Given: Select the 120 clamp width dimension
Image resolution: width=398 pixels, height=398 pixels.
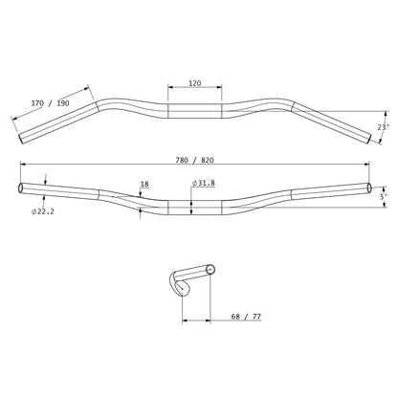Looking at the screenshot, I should [195, 83].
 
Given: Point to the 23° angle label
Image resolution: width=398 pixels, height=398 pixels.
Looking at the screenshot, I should [383, 126].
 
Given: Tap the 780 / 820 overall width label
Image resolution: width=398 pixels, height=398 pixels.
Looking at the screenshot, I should [195, 162].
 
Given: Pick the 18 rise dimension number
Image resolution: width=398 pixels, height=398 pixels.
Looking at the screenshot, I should [144, 184].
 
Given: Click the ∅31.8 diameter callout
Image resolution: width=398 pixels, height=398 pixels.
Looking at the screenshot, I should [203, 184].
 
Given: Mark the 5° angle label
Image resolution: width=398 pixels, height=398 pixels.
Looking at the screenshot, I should [384, 196].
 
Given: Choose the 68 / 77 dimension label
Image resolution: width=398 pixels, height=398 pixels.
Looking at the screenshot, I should [246, 316].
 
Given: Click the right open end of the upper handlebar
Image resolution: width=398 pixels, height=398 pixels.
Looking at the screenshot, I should [367, 140].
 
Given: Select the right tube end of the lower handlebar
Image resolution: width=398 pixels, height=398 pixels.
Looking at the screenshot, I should [368, 188].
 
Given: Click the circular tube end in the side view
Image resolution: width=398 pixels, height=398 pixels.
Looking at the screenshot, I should [210, 271].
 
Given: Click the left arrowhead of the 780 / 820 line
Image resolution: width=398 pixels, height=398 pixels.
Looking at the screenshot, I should [22, 168].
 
